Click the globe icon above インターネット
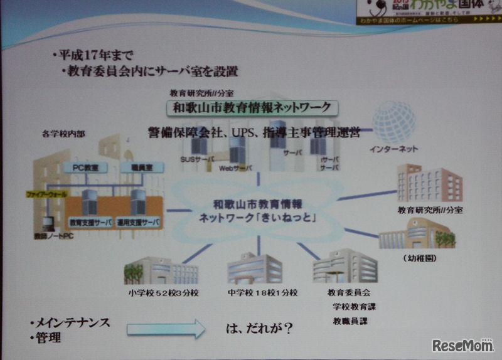393,122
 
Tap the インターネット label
393,149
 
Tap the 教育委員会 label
349,292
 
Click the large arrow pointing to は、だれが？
166,328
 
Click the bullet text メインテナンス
70,322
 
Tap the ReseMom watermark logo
462,345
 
